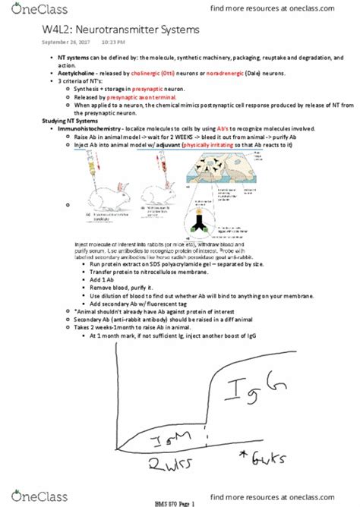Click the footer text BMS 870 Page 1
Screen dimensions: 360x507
click(179, 500)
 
